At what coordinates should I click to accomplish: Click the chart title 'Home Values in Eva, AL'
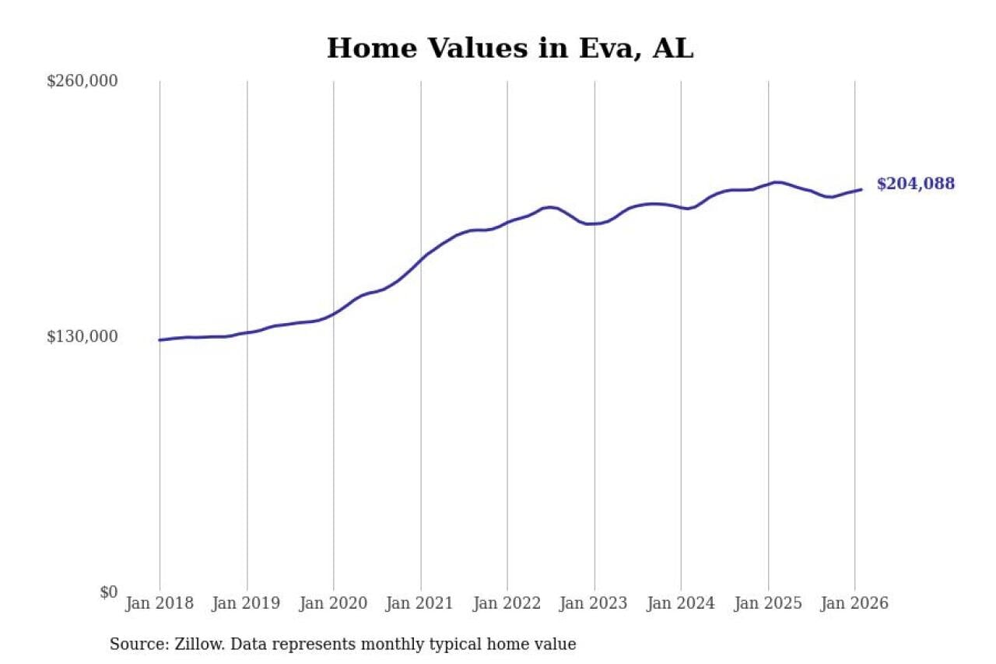(510, 48)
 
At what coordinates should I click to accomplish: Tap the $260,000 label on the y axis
(82, 82)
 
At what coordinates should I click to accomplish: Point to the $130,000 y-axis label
(82, 337)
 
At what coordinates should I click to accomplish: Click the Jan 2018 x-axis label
(159, 603)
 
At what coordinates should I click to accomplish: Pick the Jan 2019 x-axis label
(246, 603)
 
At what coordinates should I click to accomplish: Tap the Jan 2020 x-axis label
(333, 603)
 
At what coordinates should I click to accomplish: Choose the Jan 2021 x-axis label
(420, 603)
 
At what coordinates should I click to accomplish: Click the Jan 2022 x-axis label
(507, 603)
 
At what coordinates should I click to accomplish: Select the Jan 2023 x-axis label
(594, 603)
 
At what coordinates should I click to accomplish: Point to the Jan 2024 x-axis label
(681, 603)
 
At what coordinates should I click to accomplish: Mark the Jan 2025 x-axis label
(768, 603)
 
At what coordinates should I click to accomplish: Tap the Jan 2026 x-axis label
(854, 603)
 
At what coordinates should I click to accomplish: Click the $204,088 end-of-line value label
(915, 184)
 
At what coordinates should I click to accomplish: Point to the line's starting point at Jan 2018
(160, 340)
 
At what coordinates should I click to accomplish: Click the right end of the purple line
(861, 189)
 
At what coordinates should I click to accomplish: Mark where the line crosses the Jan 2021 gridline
(421, 258)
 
